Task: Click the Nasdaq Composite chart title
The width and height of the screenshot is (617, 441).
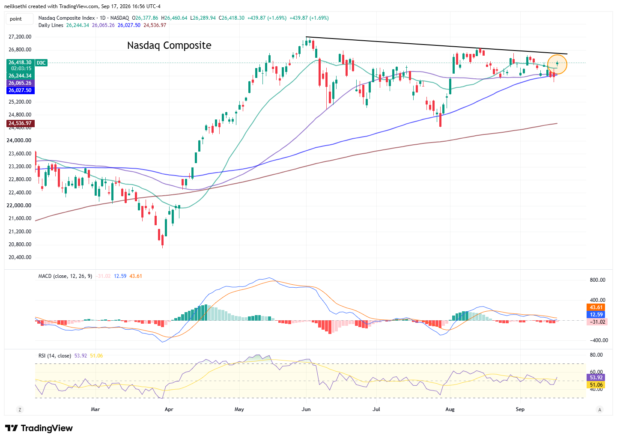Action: tap(169, 45)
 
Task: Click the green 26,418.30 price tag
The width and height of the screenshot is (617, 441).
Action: tap(21, 63)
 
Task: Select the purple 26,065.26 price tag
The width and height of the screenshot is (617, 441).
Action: tap(21, 83)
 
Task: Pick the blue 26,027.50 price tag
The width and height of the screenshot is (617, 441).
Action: tap(21, 90)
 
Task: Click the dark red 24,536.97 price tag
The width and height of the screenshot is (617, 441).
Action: tap(21, 123)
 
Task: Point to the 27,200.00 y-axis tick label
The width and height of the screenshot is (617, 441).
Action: tap(20, 37)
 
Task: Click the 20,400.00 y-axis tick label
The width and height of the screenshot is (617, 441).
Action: tap(20, 257)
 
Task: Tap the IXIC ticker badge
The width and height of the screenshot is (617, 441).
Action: tap(41, 63)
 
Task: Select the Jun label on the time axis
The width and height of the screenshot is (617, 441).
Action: tap(306, 409)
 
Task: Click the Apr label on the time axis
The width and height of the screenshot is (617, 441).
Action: tap(169, 409)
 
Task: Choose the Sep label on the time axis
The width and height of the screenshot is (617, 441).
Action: tap(520, 409)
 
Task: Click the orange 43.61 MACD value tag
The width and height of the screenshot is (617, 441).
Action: tap(596, 307)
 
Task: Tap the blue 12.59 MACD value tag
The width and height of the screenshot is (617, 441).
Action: tap(596, 315)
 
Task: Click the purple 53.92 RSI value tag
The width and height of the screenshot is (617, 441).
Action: tap(596, 378)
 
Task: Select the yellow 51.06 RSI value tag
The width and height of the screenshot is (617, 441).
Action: tap(596, 385)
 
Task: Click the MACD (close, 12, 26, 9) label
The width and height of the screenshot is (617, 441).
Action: tap(65, 276)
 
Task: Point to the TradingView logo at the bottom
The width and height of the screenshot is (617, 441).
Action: tap(39, 428)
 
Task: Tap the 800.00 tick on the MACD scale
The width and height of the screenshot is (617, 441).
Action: tap(597, 280)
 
